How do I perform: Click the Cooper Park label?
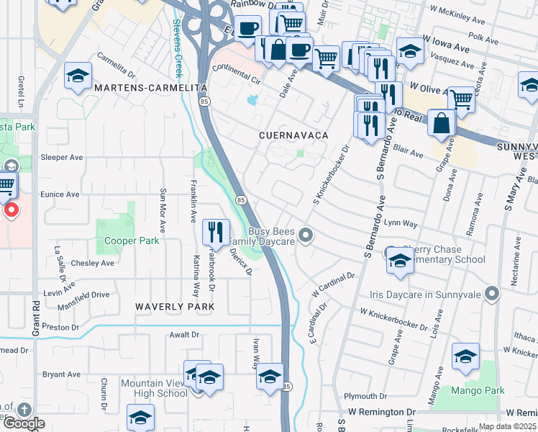tap(132, 241)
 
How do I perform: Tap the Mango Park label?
tap(478, 391)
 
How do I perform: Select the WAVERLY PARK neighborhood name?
tap(175, 307)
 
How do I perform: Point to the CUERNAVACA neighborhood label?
tap(295, 135)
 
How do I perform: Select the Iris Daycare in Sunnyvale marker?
tap(492, 294)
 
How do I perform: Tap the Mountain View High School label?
tap(154, 388)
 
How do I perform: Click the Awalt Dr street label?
tap(184, 335)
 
